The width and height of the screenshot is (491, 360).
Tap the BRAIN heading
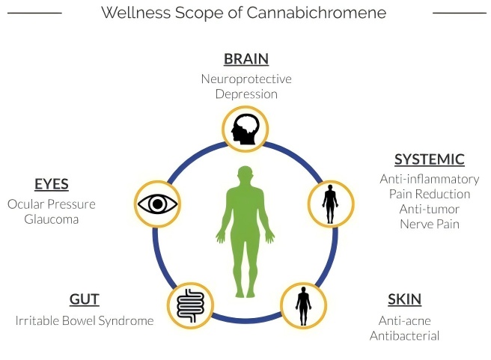point(246,58)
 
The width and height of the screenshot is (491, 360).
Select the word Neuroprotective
point(246,79)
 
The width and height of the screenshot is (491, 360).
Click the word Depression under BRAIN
point(246,94)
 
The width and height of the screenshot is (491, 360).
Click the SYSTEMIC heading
point(429,159)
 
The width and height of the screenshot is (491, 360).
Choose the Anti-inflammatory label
point(429,179)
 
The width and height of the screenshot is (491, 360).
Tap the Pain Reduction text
point(429,194)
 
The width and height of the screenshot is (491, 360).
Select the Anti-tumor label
point(429,209)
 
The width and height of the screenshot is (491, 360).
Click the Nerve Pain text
point(429,224)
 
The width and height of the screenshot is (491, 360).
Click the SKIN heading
point(404,299)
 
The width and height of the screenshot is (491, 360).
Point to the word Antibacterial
point(404,335)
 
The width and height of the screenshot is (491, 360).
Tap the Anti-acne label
point(404,320)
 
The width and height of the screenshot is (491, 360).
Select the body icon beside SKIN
point(302,305)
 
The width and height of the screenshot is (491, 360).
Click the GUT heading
point(84,299)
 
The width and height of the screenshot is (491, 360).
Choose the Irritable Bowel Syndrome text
point(84,320)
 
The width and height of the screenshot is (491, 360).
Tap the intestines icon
point(187,305)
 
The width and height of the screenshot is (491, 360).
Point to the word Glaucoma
point(51,219)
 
